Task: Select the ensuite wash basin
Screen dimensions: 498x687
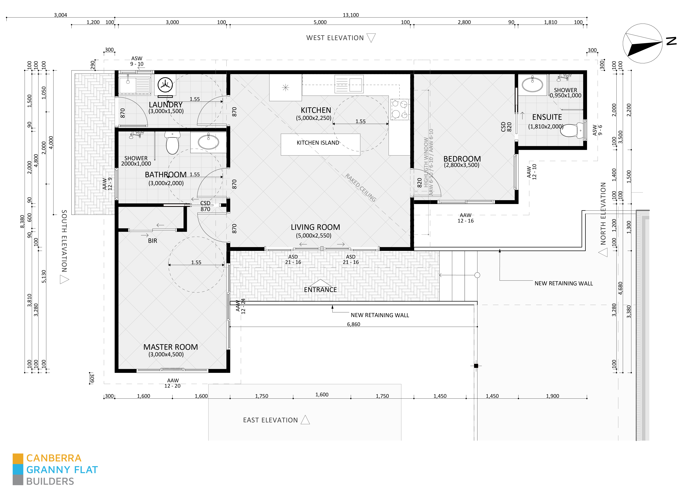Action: (x=532, y=84)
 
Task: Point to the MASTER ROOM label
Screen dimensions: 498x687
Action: (x=171, y=347)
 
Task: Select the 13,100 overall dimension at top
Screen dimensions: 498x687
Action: (x=350, y=15)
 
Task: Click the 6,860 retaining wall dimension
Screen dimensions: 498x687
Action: (x=353, y=324)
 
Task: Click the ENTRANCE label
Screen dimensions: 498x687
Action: (x=320, y=290)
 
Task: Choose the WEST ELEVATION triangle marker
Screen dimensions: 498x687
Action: (x=371, y=38)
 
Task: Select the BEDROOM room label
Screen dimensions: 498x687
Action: (x=462, y=159)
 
